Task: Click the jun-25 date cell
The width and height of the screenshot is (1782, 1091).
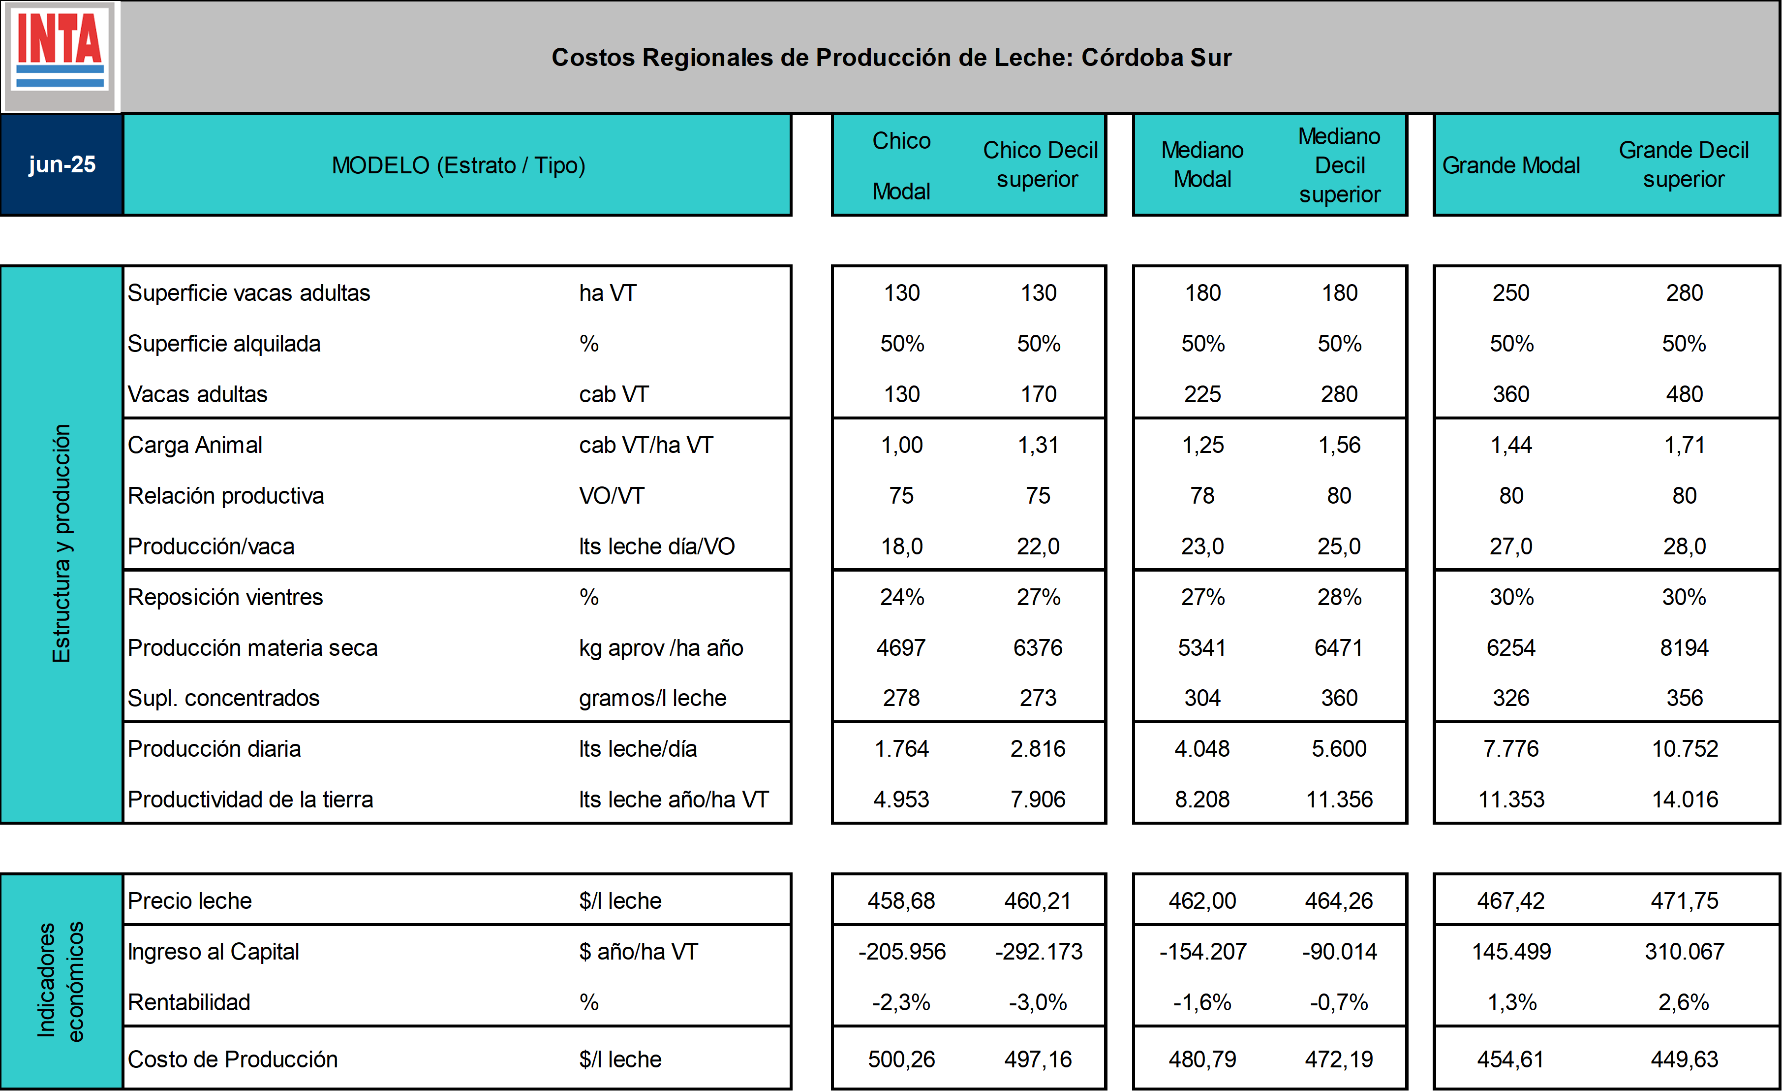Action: coord(62,165)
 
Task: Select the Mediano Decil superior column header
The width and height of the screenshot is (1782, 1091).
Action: coord(1339,165)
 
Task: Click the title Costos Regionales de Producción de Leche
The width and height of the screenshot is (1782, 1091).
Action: coord(891,57)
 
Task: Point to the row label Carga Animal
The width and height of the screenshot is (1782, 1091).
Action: coord(195,445)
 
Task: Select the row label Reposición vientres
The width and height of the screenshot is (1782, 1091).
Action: coord(226,597)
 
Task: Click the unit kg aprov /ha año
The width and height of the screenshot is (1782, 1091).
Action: coord(661,647)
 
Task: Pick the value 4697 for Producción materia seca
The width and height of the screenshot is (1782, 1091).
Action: coord(901,647)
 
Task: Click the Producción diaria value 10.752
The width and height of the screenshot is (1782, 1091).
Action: coord(1685,749)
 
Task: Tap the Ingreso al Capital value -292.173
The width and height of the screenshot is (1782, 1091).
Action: coord(1039,951)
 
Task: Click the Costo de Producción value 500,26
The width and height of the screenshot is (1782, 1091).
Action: coord(901,1059)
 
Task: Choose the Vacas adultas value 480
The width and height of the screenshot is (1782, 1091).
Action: coord(1685,394)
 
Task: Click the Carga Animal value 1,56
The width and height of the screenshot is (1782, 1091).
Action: coord(1339,445)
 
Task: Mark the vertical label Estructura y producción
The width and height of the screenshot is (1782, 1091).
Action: coord(61,544)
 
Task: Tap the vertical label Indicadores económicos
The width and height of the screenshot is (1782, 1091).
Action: coord(61,981)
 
